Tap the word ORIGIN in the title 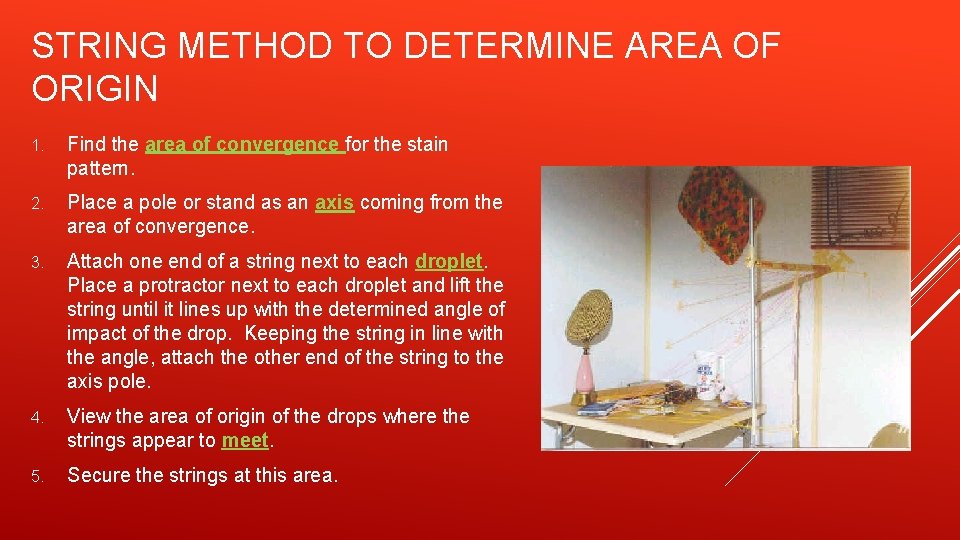pos(95,89)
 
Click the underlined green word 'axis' pos(334,203)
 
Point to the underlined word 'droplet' pos(449,262)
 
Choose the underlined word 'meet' pos(245,440)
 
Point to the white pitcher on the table pos(709,374)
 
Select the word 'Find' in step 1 pos(87,144)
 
